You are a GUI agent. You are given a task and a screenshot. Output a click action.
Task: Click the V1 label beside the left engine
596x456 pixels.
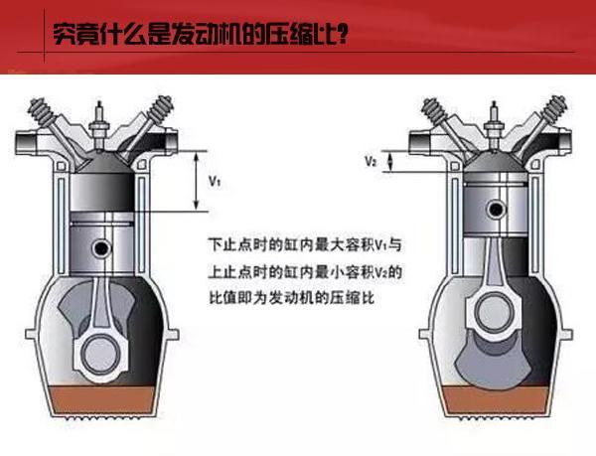click(x=215, y=182)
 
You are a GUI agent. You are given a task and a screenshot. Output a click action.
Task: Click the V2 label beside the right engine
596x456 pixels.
click(x=371, y=162)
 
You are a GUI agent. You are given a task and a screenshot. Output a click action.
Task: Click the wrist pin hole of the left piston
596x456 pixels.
click(x=102, y=247)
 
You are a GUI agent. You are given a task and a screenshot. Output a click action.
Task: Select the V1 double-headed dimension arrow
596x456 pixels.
click(x=196, y=181)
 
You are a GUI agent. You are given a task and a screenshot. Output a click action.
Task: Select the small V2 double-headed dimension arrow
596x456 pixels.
click(x=389, y=162)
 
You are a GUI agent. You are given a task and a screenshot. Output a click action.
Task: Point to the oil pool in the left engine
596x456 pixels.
click(x=103, y=399)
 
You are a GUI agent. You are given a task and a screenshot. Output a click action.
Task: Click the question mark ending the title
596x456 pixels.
click(x=342, y=35)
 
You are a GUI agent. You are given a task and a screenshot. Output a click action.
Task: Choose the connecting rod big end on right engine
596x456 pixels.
click(x=494, y=312)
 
